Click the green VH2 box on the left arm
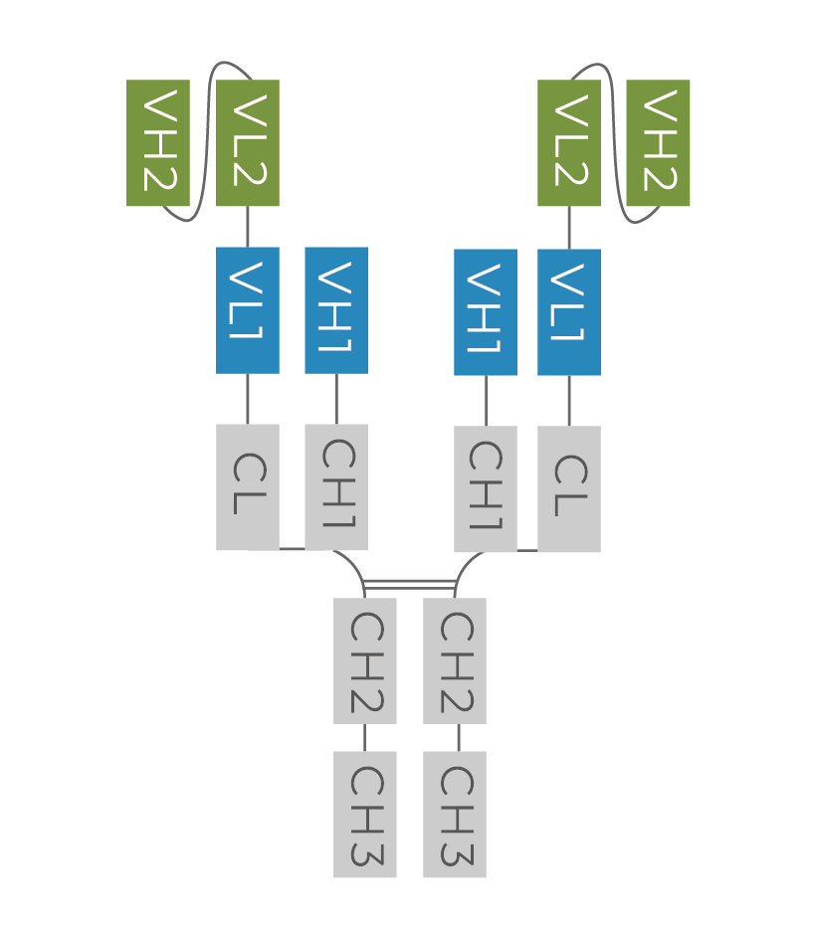(x=158, y=143)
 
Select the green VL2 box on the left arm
(x=248, y=143)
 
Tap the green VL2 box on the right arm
(x=569, y=143)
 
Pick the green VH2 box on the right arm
(x=658, y=143)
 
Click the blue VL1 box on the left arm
(x=248, y=310)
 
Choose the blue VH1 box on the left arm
(x=336, y=310)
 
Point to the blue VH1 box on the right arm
(x=486, y=312)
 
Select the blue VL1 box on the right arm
(x=569, y=312)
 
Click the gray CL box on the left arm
(x=248, y=486)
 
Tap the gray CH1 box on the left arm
(x=336, y=486)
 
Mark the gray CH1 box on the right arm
(x=486, y=488)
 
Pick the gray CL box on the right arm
(x=569, y=488)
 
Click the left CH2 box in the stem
(x=365, y=660)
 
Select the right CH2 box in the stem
(x=455, y=660)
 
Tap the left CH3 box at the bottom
(x=365, y=815)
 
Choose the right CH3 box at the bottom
(x=455, y=815)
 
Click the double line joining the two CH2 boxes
(x=410, y=584)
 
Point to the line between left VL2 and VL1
(x=248, y=227)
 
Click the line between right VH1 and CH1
(x=486, y=401)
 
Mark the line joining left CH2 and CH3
(x=365, y=737)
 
